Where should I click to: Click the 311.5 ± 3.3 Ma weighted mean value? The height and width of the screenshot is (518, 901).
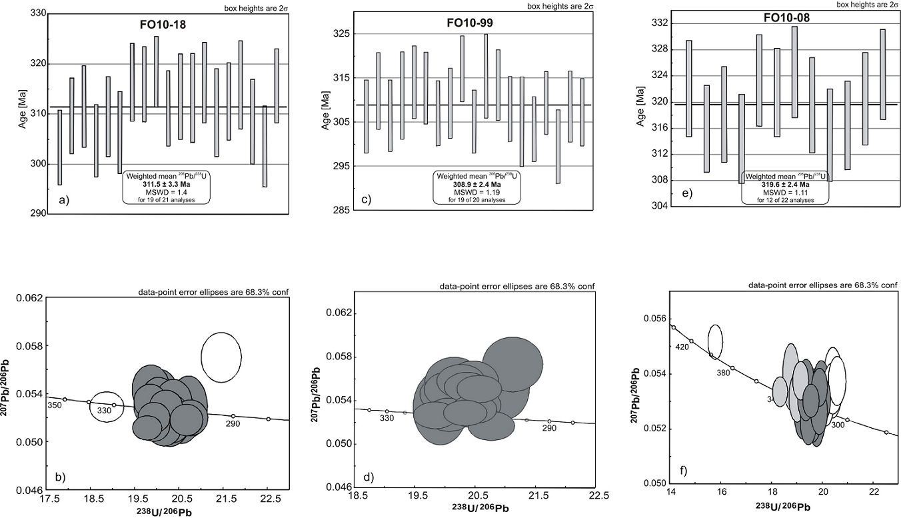click(x=166, y=183)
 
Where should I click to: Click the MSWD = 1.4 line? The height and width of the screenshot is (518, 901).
click(x=166, y=191)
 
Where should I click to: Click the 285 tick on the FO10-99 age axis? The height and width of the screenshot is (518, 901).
click(x=343, y=210)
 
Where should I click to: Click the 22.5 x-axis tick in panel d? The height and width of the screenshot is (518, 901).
click(x=598, y=495)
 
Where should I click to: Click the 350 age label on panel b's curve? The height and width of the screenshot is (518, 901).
click(x=54, y=405)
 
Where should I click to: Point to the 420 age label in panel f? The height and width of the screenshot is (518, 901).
click(x=681, y=347)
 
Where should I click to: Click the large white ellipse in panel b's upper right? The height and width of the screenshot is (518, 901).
click(x=221, y=357)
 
